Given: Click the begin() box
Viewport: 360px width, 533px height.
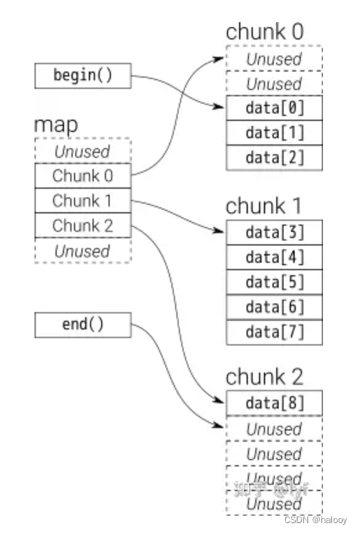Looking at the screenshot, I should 82,76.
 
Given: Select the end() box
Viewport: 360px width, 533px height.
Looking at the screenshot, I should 82,324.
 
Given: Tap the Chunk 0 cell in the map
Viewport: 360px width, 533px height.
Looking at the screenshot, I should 82,175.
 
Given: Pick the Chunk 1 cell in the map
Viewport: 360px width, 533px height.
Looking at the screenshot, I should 82,200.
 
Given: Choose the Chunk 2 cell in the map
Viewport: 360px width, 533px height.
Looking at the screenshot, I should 82,225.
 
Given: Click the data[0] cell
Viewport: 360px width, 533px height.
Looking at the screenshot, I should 274,109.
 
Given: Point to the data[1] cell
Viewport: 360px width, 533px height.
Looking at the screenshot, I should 274,133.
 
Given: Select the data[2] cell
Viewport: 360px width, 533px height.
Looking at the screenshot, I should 274,158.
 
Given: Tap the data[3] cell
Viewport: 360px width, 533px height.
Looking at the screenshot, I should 274,232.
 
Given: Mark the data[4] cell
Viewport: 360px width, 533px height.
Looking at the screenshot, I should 274,257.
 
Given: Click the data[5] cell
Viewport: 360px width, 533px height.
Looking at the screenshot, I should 274,281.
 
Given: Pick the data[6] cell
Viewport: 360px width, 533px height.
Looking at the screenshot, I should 274,306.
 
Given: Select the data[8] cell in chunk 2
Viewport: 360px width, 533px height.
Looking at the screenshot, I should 274,404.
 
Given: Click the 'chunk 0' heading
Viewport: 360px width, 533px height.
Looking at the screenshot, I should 265,32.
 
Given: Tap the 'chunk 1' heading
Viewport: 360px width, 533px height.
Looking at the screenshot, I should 265,205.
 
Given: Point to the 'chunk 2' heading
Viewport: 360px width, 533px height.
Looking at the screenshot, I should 265,377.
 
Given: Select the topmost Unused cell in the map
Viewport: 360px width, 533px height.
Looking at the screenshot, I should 82,151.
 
